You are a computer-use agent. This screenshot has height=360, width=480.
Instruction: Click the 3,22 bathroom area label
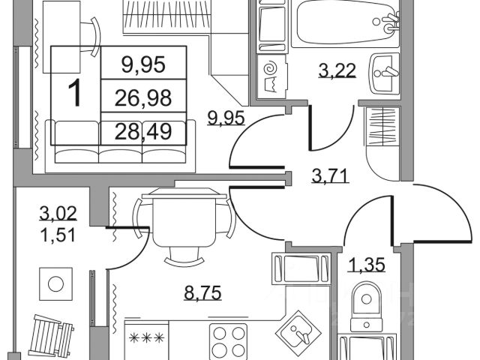click(336, 71)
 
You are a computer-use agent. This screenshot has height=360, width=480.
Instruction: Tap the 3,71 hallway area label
click(330, 178)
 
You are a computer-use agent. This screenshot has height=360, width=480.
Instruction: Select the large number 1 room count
click(74, 94)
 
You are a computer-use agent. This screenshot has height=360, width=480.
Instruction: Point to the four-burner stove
click(228, 341)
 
